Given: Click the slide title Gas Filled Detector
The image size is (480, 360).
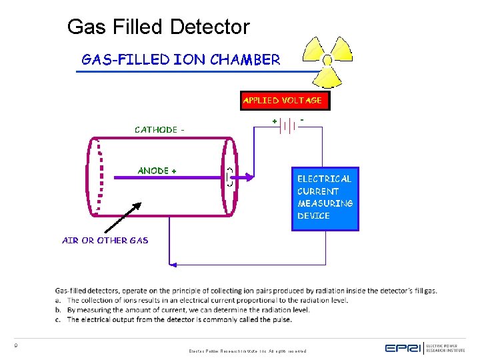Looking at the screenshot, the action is [x=158, y=27].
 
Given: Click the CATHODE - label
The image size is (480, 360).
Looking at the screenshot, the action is [x=157, y=130].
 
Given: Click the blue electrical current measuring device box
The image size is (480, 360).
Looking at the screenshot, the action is [x=325, y=198].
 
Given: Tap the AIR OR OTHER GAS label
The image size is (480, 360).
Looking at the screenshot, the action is [x=105, y=241].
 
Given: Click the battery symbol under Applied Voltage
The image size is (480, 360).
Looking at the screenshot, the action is [x=289, y=125].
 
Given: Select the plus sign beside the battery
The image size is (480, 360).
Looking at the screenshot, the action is [x=275, y=121].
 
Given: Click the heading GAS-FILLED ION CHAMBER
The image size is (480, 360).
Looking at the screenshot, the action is [x=181, y=60].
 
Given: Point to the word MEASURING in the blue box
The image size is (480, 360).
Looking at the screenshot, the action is [x=325, y=203].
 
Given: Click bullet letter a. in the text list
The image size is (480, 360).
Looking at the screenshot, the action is [x=58, y=301].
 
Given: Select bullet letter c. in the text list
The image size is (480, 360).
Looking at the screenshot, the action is [x=58, y=319].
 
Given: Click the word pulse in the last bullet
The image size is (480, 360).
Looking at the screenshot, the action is [x=282, y=319].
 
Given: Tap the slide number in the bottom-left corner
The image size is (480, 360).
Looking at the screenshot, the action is [x=15, y=345].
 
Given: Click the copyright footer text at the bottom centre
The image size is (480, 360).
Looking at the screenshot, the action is [x=247, y=351].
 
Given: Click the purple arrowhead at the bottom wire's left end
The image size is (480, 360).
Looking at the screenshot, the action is [x=173, y=265].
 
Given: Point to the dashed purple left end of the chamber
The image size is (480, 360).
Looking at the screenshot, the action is [x=97, y=177].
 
